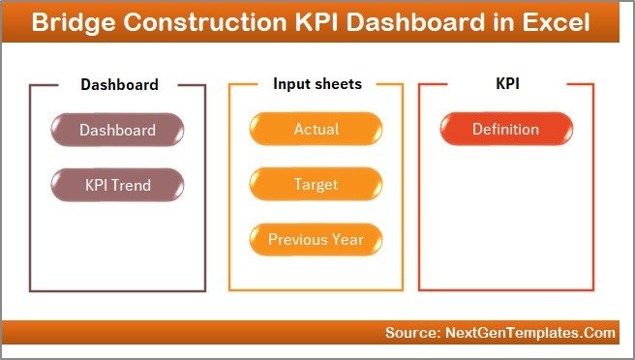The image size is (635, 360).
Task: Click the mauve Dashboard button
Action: click(x=117, y=130)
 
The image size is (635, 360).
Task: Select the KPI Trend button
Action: click(x=117, y=184)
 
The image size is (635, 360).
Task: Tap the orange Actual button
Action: click(x=316, y=130)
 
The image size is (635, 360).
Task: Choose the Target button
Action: click(x=316, y=184)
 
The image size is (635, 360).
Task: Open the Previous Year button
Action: click(x=316, y=238)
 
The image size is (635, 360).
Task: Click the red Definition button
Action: click(x=505, y=130)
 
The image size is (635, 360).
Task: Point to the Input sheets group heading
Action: click(x=317, y=84)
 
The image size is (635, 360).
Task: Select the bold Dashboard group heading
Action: click(x=119, y=84)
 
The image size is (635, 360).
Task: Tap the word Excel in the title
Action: click(x=558, y=23)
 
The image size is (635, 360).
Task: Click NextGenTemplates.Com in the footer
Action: click(x=530, y=333)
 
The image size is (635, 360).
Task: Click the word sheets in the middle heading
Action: click(x=339, y=84)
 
